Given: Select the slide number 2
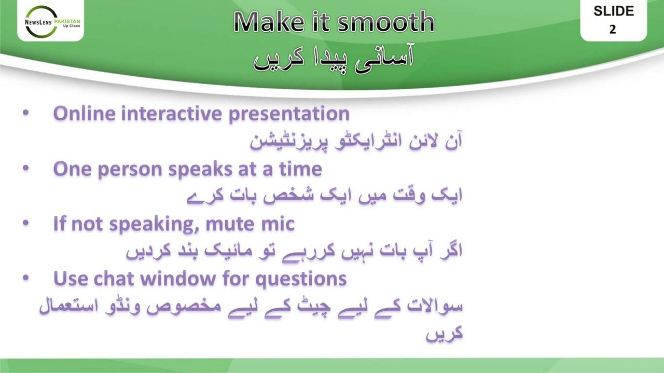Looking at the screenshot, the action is pyautogui.click(x=613, y=30).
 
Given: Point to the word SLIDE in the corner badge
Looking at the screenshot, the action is pyautogui.click(x=614, y=11).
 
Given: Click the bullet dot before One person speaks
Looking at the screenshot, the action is pyautogui.click(x=26, y=168).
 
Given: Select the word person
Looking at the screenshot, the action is pyautogui.click(x=130, y=170).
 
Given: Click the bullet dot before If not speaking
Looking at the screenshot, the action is pyautogui.click(x=26, y=223).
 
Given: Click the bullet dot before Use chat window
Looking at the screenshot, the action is pyautogui.click(x=26, y=278).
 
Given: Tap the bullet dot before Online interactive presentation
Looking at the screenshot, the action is pyautogui.click(x=26, y=113).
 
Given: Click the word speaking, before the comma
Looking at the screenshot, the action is pyautogui.click(x=152, y=225).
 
